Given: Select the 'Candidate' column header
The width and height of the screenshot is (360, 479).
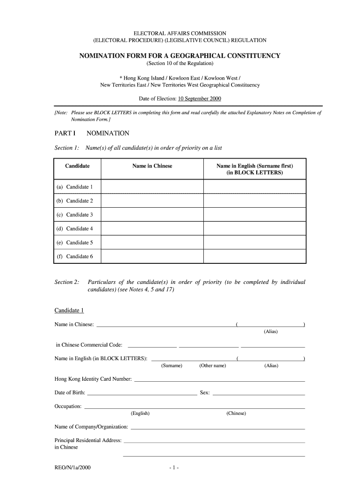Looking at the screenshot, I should click(x=77, y=166).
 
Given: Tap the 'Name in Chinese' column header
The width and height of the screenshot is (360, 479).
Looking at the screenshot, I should click(x=152, y=166).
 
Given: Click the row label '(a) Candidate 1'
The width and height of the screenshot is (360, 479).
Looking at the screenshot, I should click(x=75, y=187).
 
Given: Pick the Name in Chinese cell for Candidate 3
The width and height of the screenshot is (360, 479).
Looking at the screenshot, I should click(x=152, y=215).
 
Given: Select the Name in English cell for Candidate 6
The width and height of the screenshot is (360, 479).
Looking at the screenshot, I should click(x=255, y=256).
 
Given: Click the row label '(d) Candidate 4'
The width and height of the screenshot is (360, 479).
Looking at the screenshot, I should click(x=75, y=229).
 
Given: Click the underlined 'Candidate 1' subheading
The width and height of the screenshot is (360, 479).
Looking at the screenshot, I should click(x=69, y=311).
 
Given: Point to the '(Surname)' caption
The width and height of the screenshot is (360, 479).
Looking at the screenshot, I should click(x=172, y=366).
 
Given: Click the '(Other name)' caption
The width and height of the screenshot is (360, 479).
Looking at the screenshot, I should click(x=212, y=366).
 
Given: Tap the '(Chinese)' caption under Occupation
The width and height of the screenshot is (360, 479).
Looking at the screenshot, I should click(x=236, y=414).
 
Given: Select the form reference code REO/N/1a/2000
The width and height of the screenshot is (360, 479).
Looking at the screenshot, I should click(x=72, y=467).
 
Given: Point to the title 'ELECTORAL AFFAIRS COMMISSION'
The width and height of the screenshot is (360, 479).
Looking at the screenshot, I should click(x=180, y=34).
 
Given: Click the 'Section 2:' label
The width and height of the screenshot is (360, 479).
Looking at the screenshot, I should click(x=67, y=283).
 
